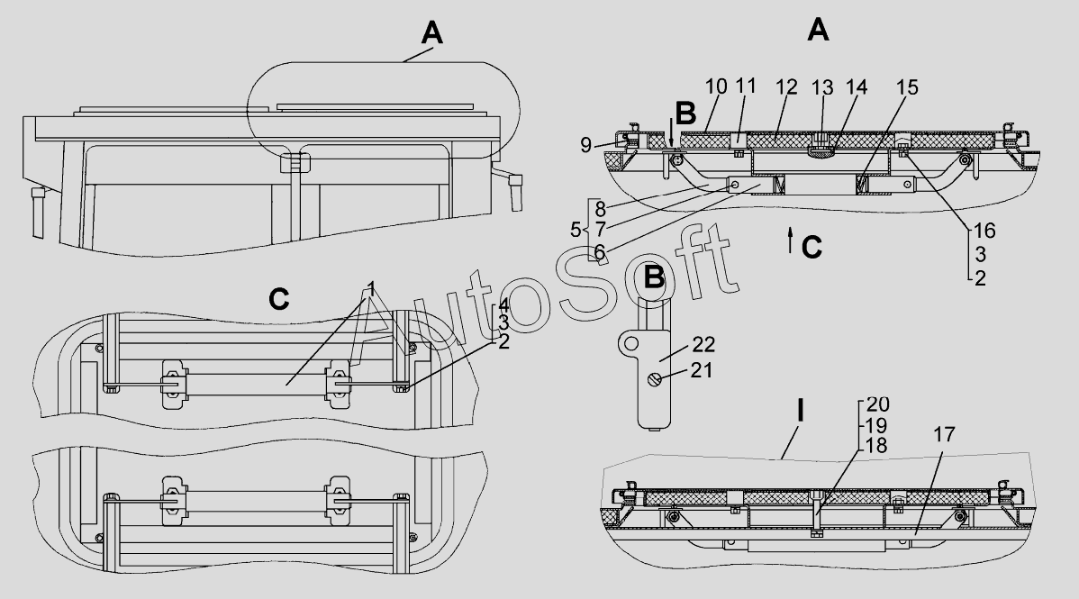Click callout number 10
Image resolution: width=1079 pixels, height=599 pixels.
point(716,86)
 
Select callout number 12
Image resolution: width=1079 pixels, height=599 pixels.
point(786,86)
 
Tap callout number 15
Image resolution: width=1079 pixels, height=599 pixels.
point(908,86)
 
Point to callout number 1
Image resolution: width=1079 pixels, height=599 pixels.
point(369,289)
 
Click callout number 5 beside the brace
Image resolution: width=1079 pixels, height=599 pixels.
point(576,230)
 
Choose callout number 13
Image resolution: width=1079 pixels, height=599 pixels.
point(824,86)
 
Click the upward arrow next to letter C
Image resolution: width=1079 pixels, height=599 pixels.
point(790,239)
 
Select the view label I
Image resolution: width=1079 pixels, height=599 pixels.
point(801,412)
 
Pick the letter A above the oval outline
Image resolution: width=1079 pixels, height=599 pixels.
point(431,34)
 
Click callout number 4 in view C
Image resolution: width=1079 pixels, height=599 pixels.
point(504,304)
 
